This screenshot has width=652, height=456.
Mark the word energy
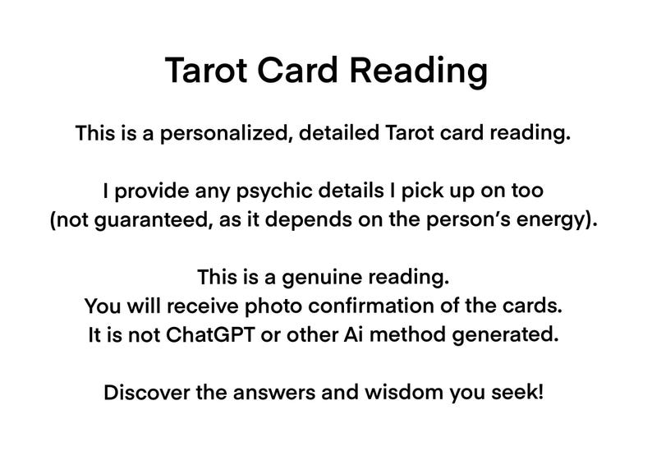558,221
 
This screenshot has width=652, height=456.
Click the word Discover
146,393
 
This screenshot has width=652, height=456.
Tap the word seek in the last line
521,393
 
